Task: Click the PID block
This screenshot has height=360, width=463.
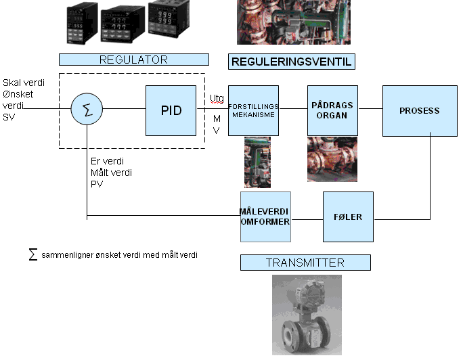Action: [171, 111]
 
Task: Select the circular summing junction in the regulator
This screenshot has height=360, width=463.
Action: [87, 109]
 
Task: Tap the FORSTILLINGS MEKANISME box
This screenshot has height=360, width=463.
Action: [253, 111]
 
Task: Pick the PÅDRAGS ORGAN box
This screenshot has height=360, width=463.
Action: [332, 111]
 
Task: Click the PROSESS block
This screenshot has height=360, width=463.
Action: [420, 111]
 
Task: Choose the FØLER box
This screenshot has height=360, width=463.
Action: [348, 217]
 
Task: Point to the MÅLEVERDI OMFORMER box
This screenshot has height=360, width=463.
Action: [265, 217]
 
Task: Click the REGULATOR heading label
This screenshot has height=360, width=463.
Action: [134, 60]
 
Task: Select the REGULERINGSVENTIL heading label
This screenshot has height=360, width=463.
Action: [292, 62]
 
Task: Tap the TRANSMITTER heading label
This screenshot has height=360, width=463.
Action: [305, 263]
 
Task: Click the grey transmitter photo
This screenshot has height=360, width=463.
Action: [307, 315]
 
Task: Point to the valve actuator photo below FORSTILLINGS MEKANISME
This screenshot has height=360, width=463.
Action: [257, 162]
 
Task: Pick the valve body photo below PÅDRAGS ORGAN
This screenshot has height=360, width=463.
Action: [332, 159]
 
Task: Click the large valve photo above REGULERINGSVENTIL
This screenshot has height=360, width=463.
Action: [294, 22]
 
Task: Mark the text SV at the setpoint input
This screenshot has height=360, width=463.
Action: [9, 117]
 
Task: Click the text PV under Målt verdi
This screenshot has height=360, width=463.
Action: [97, 184]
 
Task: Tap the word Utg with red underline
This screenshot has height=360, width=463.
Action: [217, 99]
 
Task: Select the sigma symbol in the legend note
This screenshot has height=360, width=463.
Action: [33, 254]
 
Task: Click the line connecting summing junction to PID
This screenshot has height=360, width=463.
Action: [124, 108]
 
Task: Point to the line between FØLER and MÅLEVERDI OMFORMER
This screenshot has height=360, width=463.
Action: [307, 219]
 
